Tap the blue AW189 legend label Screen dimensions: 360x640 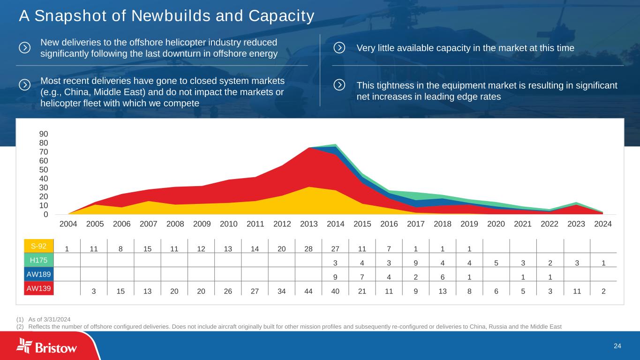(x=39, y=273)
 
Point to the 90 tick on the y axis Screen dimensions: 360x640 (x=43, y=134)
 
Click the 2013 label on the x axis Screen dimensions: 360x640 (x=309, y=224)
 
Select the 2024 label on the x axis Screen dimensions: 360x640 (x=603, y=224)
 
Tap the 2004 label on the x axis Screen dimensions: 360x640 (x=68, y=224)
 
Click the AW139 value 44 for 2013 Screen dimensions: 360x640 (x=309, y=291)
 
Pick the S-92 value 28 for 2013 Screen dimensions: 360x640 (x=309, y=248)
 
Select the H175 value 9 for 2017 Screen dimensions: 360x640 (x=416, y=262)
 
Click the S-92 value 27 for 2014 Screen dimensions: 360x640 (x=336, y=248)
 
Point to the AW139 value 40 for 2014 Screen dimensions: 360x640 (x=336, y=291)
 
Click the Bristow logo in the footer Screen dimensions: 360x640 (x=47, y=346)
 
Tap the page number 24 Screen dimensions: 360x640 (x=617, y=346)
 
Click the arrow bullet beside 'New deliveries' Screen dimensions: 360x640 (x=25, y=48)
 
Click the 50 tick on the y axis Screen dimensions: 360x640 (x=43, y=170)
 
